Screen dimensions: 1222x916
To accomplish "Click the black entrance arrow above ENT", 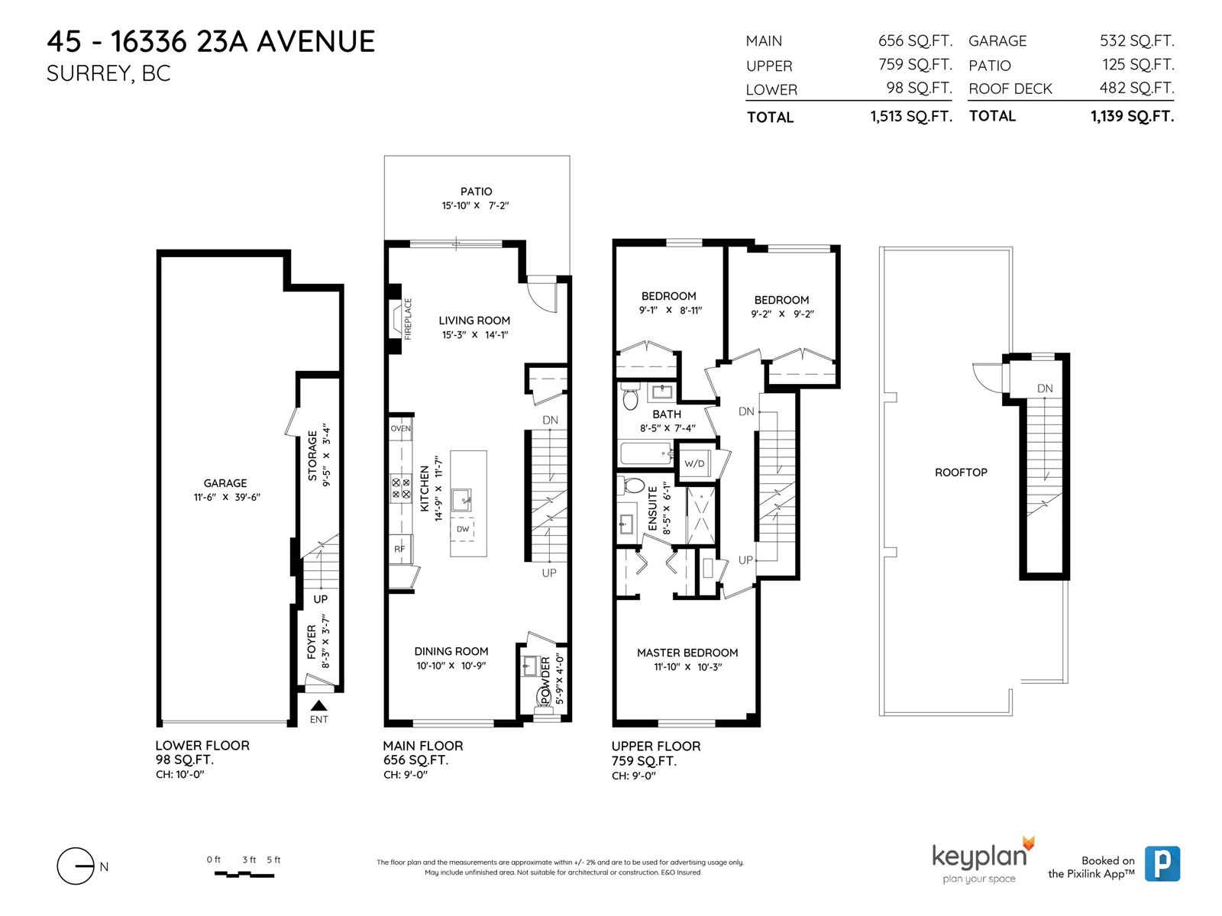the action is point(318,706).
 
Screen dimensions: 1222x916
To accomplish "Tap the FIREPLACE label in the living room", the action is point(408,318).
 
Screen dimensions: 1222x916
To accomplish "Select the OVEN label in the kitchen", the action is point(400,428).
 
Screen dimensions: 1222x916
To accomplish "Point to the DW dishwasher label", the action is point(463,529).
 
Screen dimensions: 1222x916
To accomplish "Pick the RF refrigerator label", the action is point(399,549).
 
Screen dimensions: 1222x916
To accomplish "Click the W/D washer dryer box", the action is point(694,462).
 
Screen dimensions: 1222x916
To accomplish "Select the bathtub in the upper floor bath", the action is point(646,453).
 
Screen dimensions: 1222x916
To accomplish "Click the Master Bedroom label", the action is point(687,653).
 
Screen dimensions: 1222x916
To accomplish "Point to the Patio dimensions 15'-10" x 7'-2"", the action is point(476,205).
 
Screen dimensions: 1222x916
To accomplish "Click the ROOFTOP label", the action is point(961,473).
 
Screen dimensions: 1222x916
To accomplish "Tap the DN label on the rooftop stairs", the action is point(1044,389).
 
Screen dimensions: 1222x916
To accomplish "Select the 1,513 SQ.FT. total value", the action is point(911,117).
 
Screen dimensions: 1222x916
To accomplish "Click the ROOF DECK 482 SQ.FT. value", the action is point(1136,88).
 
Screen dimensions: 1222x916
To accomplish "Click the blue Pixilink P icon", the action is point(1162,864).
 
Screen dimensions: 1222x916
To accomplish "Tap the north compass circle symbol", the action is point(75,866).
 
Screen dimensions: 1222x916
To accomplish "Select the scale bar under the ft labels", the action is point(244,875).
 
